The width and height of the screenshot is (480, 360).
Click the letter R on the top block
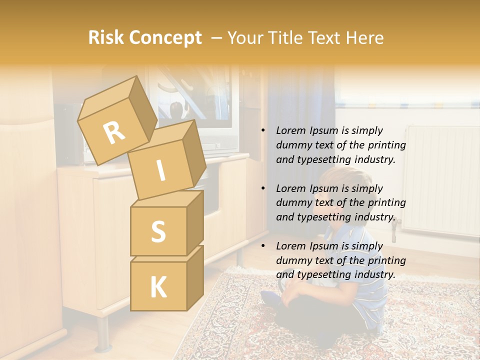click(114, 133)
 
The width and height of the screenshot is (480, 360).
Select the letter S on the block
click(158, 231)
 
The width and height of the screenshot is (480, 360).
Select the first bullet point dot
click(262, 131)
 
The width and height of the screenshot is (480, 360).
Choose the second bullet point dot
click(262, 188)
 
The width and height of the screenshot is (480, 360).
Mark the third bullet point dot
click(262, 246)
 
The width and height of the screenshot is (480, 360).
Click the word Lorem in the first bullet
click(290, 130)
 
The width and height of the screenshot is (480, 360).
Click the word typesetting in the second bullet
click(321, 217)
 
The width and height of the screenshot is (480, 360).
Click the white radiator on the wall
click(440, 180)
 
